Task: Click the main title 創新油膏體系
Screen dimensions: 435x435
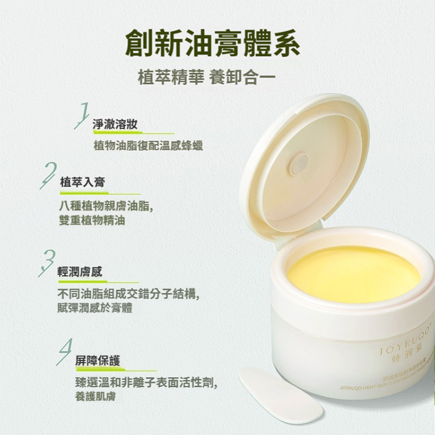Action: (x=217, y=42)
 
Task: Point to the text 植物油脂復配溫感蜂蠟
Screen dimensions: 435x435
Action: (x=148, y=145)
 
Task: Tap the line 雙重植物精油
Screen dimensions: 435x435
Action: (x=88, y=220)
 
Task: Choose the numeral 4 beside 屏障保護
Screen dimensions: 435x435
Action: (x=66, y=351)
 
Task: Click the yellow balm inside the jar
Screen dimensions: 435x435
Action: (x=354, y=274)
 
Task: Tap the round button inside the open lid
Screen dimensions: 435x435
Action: (x=300, y=164)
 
